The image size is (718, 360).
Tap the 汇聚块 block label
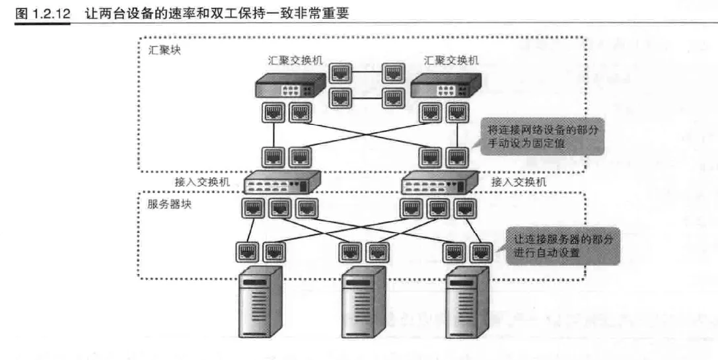(x=162, y=51)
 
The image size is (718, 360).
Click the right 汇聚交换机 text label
(x=452, y=61)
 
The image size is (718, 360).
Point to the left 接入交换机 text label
(x=202, y=182)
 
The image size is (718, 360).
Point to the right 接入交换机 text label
(x=519, y=182)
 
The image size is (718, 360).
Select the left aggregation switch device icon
(x=291, y=86)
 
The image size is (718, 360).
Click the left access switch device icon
(x=283, y=181)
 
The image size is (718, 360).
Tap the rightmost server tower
(x=467, y=302)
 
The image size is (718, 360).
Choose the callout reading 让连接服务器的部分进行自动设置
(x=563, y=245)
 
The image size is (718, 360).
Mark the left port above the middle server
(x=350, y=252)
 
